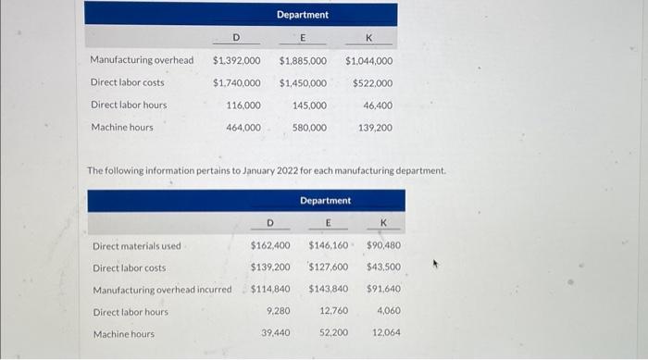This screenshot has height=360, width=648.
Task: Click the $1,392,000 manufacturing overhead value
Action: (x=236, y=60)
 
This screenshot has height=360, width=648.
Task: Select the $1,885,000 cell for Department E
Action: (x=303, y=60)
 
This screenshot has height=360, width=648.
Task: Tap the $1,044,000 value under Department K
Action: (x=368, y=60)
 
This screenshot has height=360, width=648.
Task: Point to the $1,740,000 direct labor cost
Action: (x=236, y=82)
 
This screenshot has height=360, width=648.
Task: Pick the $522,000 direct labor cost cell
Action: (x=372, y=82)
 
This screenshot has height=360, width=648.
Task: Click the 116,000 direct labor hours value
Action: (x=243, y=105)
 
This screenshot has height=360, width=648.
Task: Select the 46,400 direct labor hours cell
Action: (x=378, y=105)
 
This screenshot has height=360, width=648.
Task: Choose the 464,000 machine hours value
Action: (x=243, y=127)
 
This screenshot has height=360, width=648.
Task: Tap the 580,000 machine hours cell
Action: (x=309, y=127)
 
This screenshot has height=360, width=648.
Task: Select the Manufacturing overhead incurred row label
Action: (x=162, y=290)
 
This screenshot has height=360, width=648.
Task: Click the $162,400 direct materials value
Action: (x=270, y=246)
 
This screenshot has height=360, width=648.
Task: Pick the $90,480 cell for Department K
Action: (x=383, y=246)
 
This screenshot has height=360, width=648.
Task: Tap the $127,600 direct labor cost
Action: (x=329, y=267)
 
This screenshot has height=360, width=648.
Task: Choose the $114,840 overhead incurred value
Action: (x=270, y=290)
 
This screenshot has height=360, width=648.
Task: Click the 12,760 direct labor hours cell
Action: (x=333, y=311)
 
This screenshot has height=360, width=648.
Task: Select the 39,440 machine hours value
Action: (x=275, y=332)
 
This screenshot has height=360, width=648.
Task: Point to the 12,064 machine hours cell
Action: (x=386, y=332)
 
